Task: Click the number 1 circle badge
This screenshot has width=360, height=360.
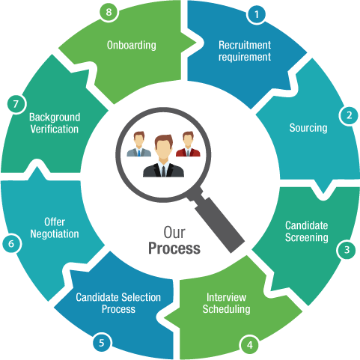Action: coord(257,14)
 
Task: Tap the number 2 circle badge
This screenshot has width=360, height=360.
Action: coord(349,115)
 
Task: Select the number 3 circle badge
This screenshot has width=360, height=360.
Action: coord(347,249)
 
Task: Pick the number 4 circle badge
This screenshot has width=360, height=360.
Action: coord(250,345)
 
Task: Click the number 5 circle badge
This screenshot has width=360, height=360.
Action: coord(102,343)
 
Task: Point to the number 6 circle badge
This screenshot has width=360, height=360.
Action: coord(11,243)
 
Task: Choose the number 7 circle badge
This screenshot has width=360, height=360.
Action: coord(16,104)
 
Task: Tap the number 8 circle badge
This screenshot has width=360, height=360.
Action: coord(109,12)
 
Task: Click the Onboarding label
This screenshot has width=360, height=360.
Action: coord(132,46)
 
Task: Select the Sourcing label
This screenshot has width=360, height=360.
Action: coord(308,128)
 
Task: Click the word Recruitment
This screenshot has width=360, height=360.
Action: coord(245,45)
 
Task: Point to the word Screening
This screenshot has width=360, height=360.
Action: coord(307,238)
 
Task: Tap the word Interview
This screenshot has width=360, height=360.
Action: coord(226,297)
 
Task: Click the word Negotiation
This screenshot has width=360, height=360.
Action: coord(55,234)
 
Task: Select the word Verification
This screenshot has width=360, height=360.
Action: coord(55,129)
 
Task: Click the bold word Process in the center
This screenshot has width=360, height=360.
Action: coord(174,249)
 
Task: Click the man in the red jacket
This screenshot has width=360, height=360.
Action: coord(188,144)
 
